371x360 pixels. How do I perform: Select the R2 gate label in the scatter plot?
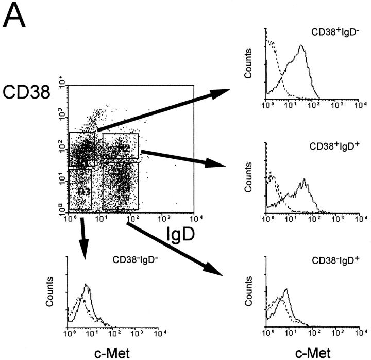click(x=123, y=149)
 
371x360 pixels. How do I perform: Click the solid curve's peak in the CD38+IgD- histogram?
click(x=301, y=46)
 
